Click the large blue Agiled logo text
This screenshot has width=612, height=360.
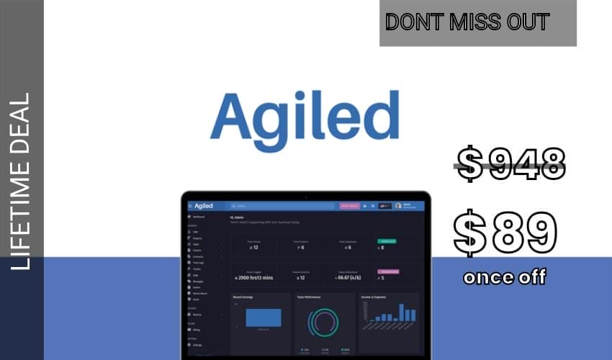(304, 117)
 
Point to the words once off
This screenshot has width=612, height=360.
(505, 277)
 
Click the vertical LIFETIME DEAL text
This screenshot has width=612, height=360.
(22, 181)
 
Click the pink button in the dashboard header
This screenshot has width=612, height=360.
(349, 206)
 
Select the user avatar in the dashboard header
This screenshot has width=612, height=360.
(398, 206)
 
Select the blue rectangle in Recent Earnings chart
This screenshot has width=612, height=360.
(263, 318)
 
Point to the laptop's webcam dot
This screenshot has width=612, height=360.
(305, 195)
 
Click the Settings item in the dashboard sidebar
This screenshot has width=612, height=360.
(197, 345)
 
